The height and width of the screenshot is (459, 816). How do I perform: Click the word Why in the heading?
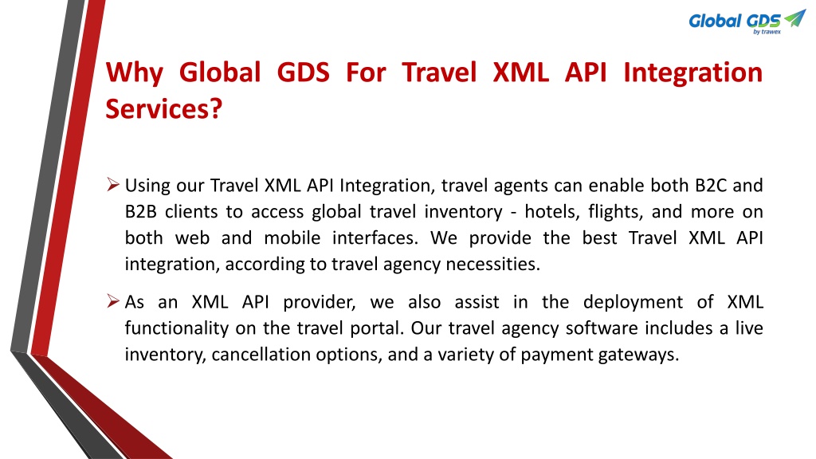pos(135,73)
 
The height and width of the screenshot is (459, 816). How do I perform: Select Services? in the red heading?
pos(164,108)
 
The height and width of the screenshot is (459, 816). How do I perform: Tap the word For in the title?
pos(366,72)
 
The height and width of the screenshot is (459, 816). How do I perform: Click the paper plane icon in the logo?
pos(794,18)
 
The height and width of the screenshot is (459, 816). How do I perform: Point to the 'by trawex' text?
pos(767,32)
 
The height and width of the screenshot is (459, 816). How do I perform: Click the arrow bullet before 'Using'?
pos(113,184)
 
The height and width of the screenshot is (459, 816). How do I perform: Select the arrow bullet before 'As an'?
pos(113,300)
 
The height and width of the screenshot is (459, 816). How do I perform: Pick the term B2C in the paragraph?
pos(711,185)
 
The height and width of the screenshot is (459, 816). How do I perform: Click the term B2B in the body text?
pos(140,212)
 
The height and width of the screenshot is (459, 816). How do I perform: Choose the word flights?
pos(614,212)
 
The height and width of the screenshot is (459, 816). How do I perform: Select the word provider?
pos(320,302)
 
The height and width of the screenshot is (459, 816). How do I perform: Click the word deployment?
pos(633,302)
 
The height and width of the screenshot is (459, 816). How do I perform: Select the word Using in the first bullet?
pos(147,186)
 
